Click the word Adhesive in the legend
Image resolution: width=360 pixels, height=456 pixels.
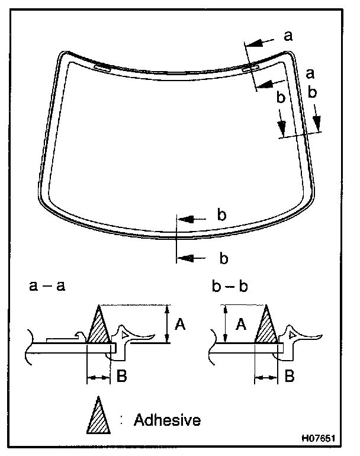[167, 420]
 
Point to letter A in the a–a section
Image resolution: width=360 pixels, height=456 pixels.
[181, 323]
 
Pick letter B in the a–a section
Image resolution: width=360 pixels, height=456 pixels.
[121, 375]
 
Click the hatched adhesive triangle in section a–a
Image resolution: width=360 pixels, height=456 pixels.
[98, 329]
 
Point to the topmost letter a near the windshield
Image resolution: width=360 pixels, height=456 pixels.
[288, 36]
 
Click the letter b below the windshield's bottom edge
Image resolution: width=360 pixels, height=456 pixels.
[224, 258]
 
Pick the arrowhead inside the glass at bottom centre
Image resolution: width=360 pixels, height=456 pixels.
[185, 219]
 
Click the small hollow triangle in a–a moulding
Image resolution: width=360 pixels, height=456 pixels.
[124, 335]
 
